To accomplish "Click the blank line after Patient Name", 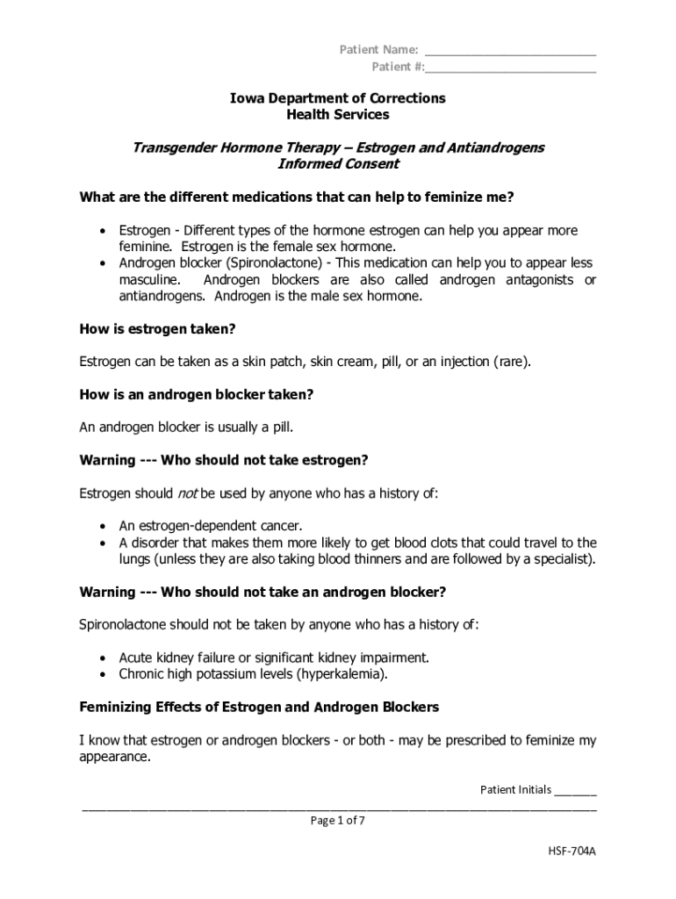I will tap(510, 51).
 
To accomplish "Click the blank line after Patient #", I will tap(512, 68).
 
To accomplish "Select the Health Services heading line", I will tap(338, 115).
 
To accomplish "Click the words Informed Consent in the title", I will tap(338, 164).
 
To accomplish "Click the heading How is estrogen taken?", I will tap(158, 329).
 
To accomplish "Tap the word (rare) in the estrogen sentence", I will tap(511, 362).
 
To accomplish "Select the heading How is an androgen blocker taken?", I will tap(197, 395).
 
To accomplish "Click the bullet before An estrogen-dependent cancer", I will tap(104, 527).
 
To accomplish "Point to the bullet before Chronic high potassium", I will tap(104, 675).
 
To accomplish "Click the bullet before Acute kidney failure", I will tap(104, 658).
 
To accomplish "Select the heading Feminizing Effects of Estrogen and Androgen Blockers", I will tap(260, 707).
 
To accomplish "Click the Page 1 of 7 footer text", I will tap(338, 821).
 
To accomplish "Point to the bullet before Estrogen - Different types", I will tap(104, 231).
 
